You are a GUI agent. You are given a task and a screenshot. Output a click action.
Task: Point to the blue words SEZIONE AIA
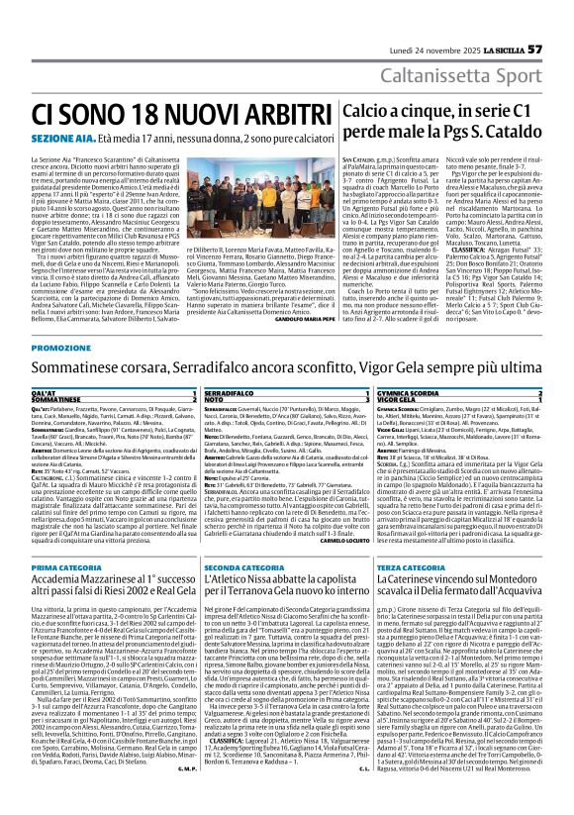pos(59,138)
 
